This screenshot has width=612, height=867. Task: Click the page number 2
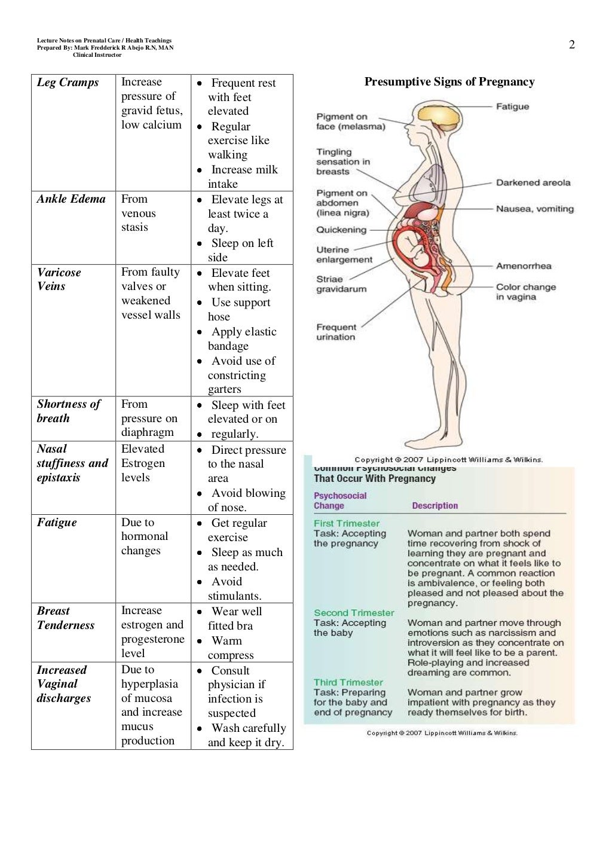tap(571, 45)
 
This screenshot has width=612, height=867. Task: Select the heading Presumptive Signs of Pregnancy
tap(449, 82)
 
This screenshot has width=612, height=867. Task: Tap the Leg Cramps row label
tap(68, 83)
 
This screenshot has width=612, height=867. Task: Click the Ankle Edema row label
tap(71, 199)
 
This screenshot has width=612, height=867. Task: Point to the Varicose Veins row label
tap(59, 279)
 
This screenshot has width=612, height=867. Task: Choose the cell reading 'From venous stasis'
tap(138, 213)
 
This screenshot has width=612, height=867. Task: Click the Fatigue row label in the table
tap(57, 523)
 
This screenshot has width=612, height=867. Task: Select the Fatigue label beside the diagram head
tap(512, 106)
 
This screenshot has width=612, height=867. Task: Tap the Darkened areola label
tap(533, 183)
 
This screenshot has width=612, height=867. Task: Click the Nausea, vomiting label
tap(534, 209)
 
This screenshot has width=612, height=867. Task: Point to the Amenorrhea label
tap(524, 266)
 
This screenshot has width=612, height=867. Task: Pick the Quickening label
tap(341, 230)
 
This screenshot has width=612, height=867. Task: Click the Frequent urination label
tap(336, 332)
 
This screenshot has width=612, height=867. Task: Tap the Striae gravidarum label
tap(341, 284)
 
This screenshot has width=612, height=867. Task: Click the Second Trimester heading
tap(354, 613)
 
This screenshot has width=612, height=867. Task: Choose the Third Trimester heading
tap(348, 682)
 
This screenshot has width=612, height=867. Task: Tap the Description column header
tap(434, 506)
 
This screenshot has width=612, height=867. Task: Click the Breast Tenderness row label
tap(66, 618)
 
